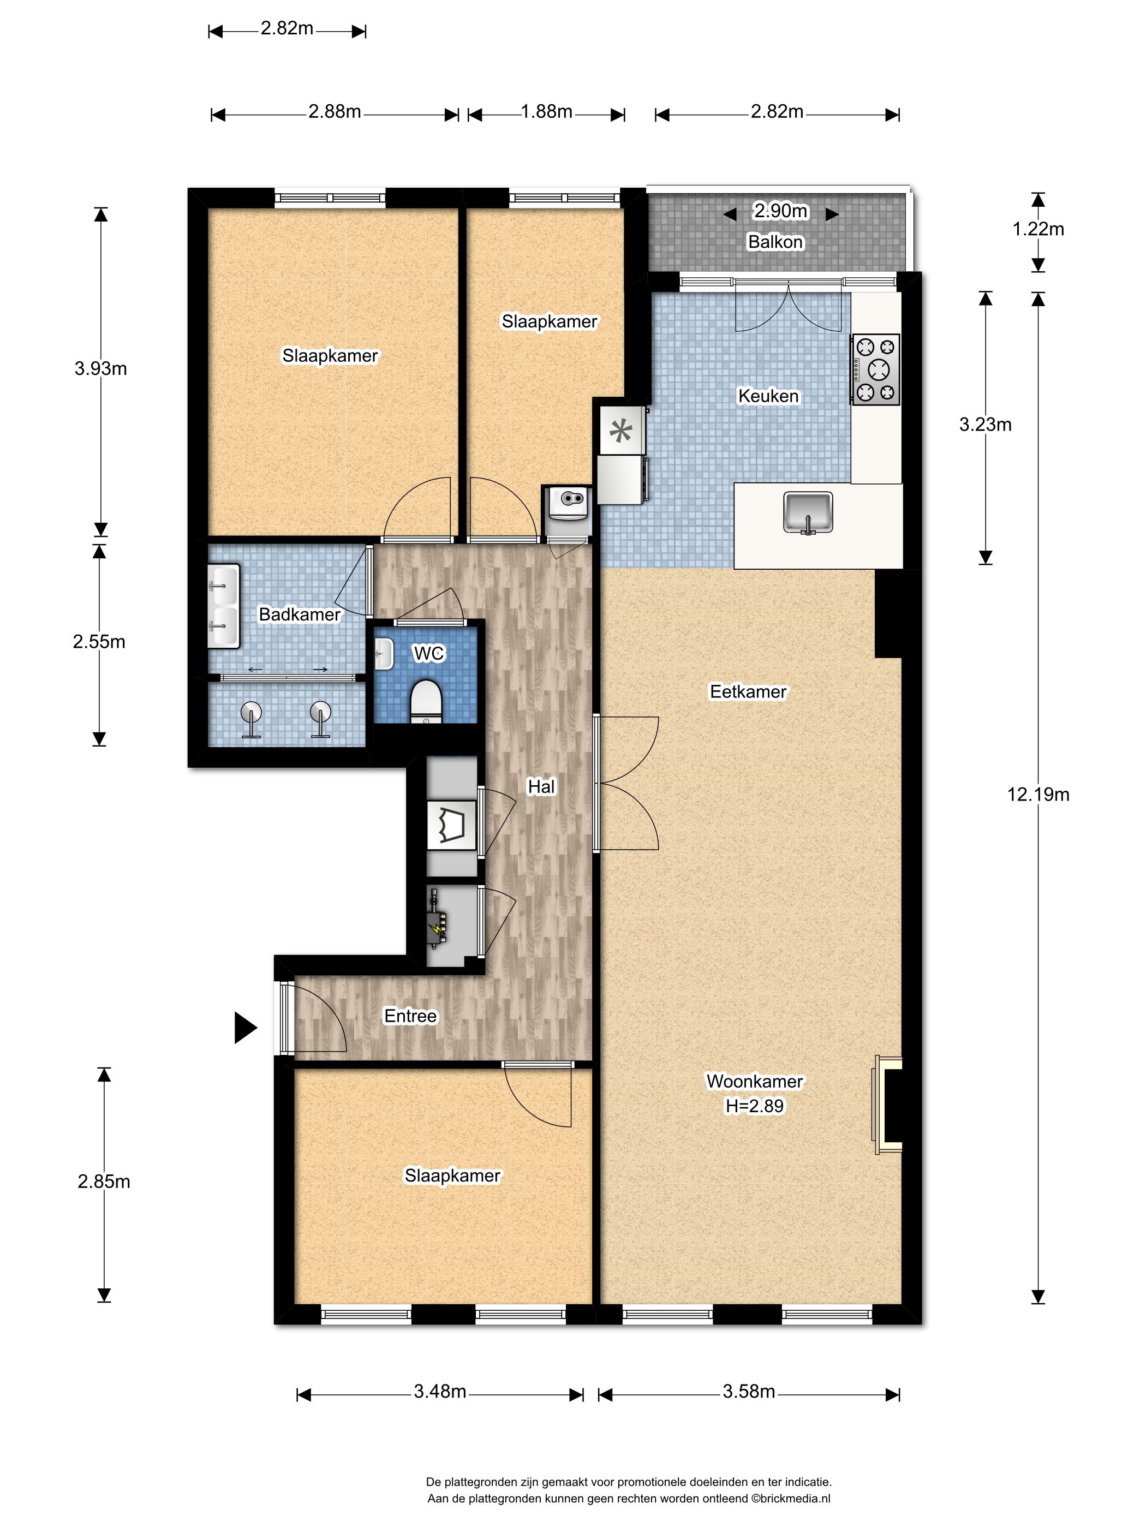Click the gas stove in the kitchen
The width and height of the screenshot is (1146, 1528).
[x=876, y=369]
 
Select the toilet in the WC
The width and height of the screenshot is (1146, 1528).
[x=426, y=701]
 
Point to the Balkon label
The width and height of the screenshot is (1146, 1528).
[x=775, y=242]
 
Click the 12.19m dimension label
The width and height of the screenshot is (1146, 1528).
[x=1037, y=795]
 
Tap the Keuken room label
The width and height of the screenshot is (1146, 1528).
[x=768, y=396]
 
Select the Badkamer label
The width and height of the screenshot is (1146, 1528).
[x=299, y=614]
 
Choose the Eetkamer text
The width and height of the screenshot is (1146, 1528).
[x=748, y=691]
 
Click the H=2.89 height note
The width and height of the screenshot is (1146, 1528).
[x=754, y=1106]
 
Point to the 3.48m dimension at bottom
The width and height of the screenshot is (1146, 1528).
[x=440, y=1391]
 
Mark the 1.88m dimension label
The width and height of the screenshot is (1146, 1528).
[x=546, y=111]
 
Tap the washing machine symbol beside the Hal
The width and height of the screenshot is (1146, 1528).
[x=452, y=825]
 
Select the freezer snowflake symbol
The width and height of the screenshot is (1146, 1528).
[x=621, y=432]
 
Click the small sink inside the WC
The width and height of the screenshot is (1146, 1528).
[x=384, y=653]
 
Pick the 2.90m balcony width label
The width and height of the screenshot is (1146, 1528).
[x=780, y=211]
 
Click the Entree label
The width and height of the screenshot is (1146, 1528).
[x=410, y=1016]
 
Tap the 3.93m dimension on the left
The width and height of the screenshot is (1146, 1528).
[x=101, y=368]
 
